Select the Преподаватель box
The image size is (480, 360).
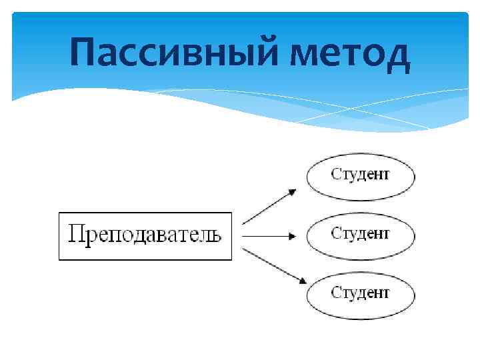(145, 236)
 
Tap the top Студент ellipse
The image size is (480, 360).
(360, 177)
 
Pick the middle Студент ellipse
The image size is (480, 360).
(360, 235)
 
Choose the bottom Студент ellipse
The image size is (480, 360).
(360, 293)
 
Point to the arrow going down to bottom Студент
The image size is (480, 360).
(268, 265)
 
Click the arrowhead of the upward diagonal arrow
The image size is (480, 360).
(291, 192)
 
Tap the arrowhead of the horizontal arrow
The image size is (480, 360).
(292, 235)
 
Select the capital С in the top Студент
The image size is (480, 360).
(336, 175)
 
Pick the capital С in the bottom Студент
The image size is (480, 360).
(336, 291)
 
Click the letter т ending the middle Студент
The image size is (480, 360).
(385, 235)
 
